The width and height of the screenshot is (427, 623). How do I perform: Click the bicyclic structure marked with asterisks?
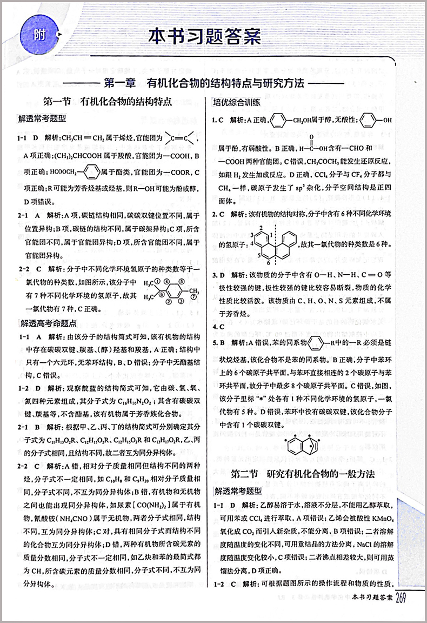point(303,447)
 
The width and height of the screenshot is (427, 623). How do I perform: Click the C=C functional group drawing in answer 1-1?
point(180,140)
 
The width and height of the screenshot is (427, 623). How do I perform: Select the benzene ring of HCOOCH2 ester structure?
point(91,173)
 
